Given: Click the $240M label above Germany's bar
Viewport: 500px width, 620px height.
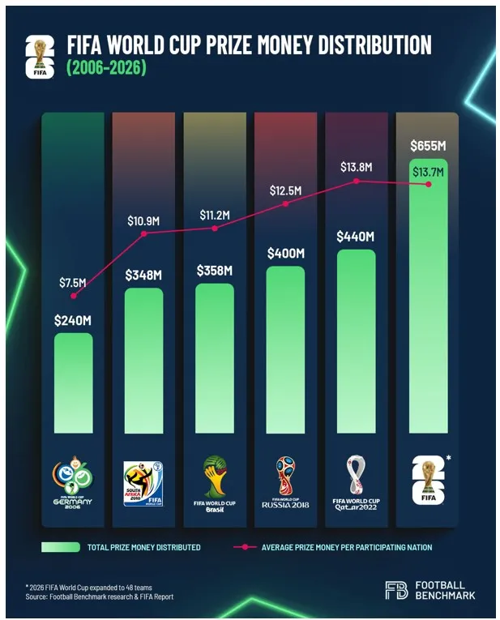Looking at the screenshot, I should click(73, 320).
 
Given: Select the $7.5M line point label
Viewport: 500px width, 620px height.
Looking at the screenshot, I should click(71, 282).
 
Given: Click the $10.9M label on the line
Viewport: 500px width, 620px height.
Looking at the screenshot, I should click(143, 220).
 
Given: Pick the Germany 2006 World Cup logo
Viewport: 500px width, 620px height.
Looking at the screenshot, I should click(73, 481).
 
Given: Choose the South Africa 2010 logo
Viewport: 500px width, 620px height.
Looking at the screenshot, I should click(143, 483).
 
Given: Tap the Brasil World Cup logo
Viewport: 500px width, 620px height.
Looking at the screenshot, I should click(214, 481).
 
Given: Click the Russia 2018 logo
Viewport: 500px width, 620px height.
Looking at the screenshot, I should click(285, 481).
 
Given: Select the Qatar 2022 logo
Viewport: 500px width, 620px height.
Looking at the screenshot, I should click(356, 481).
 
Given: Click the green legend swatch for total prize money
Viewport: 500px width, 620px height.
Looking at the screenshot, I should click(60, 548).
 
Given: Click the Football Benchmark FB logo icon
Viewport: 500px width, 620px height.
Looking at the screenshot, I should click(397, 590).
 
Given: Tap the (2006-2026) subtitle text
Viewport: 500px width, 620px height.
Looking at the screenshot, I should click(106, 69).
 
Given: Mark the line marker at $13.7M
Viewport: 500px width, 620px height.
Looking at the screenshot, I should click(429, 184).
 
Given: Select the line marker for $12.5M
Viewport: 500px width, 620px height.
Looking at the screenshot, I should click(285, 203).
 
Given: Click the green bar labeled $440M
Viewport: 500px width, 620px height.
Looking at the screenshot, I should click(356, 340).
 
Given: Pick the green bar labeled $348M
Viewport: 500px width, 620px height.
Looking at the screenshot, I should click(143, 361).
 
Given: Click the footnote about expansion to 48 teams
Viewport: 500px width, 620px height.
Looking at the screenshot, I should click(88, 587).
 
